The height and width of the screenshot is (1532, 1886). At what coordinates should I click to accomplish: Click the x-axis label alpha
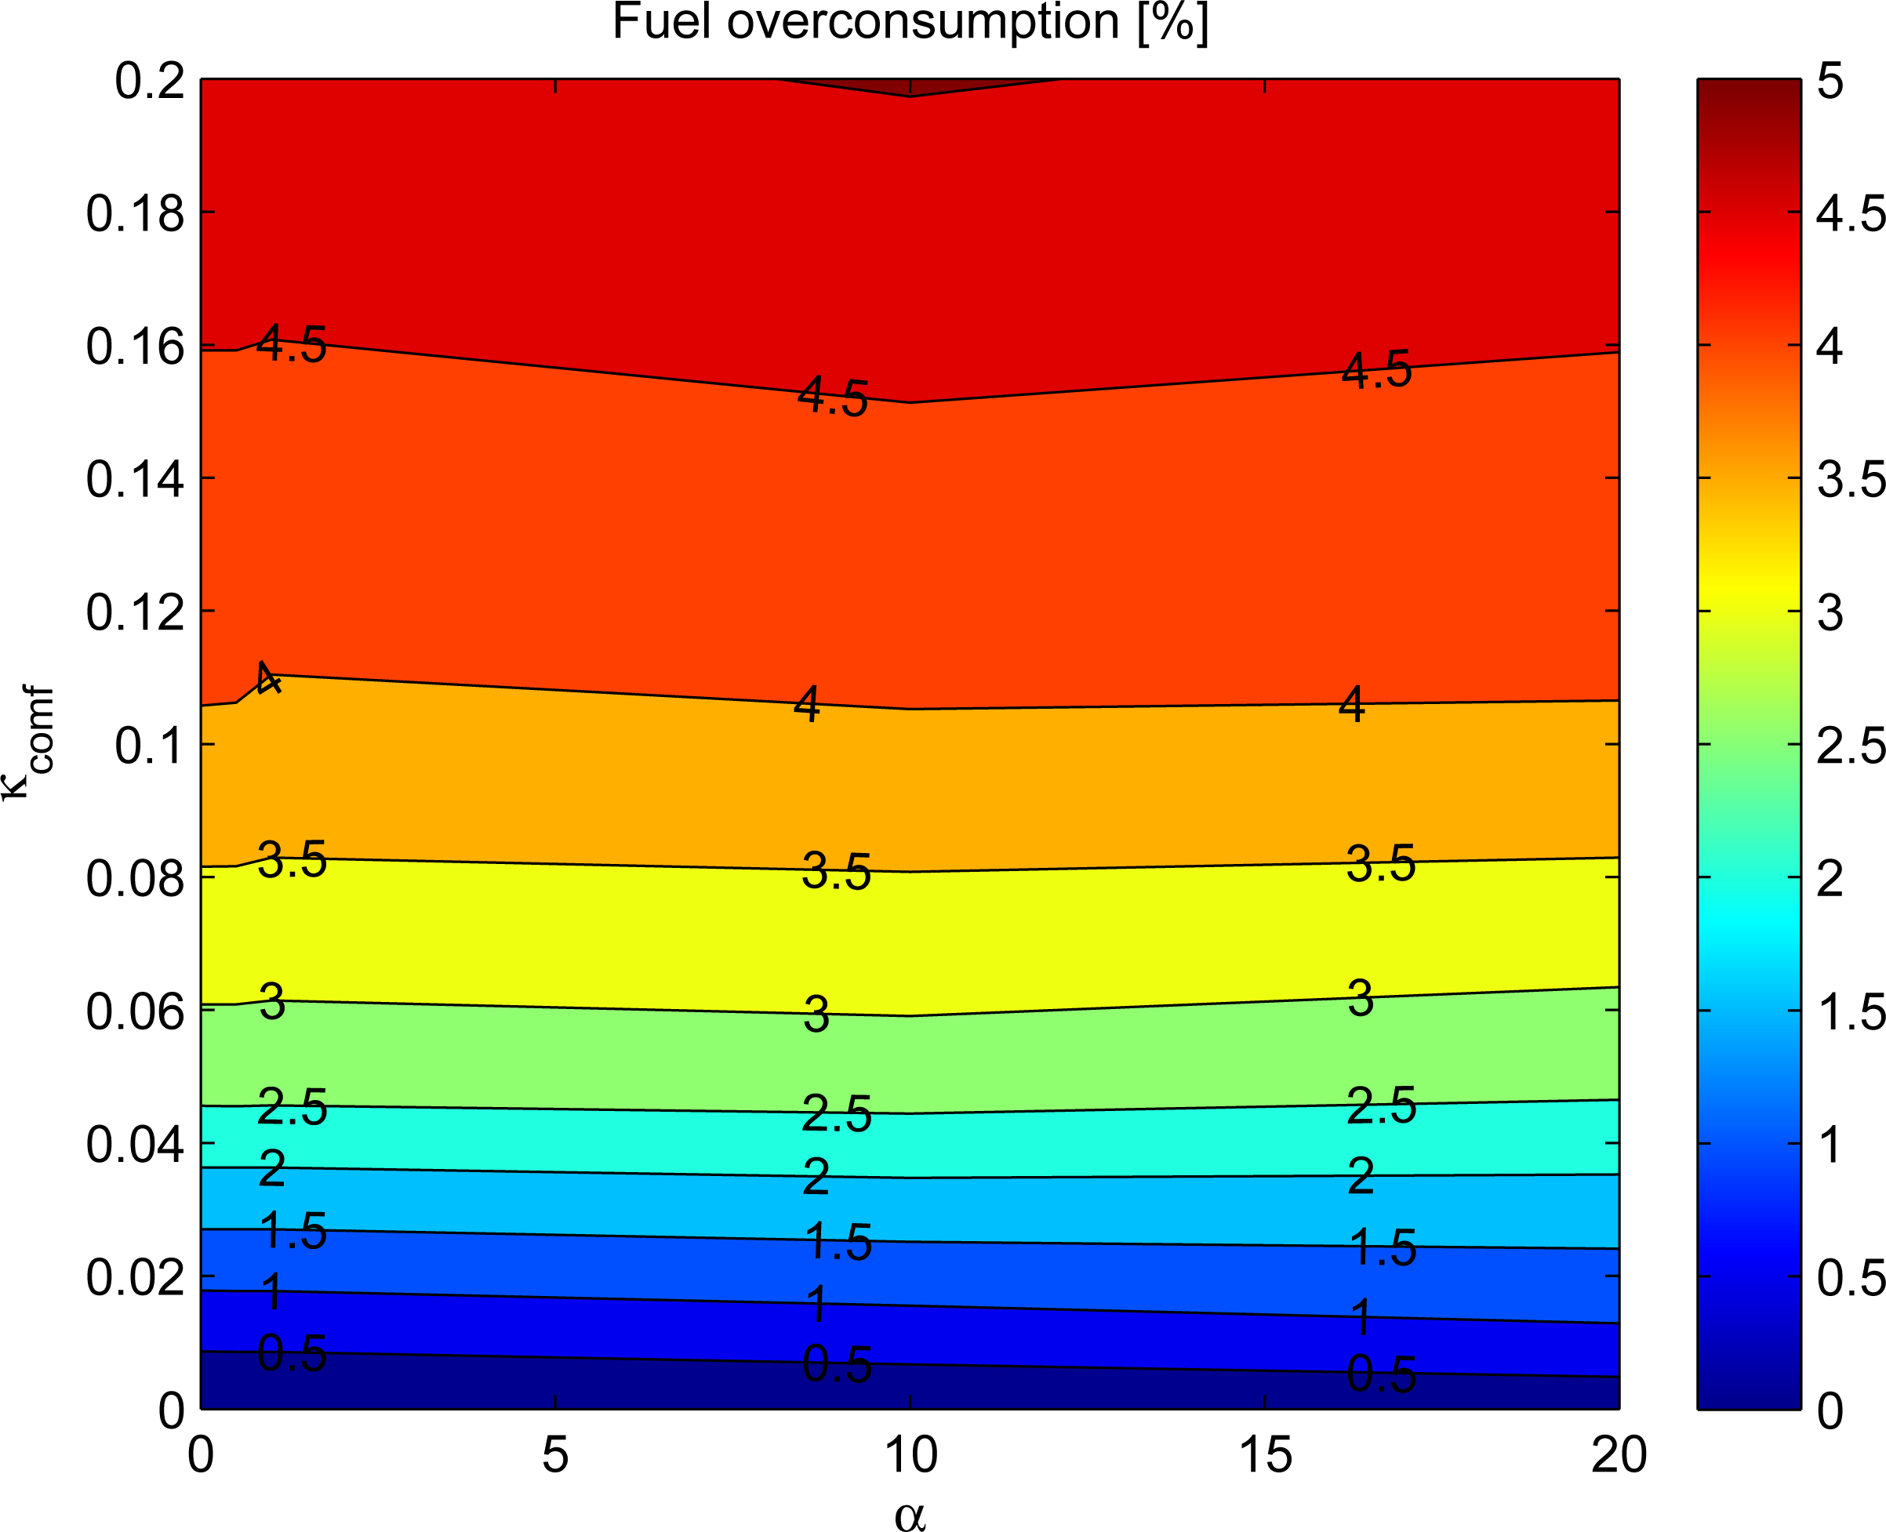tap(910, 1514)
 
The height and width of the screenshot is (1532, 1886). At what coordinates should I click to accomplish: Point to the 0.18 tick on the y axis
tap(135, 213)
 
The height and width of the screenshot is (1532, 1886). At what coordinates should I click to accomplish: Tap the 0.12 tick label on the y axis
tap(135, 612)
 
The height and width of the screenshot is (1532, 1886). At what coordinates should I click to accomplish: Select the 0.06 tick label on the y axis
tap(135, 1011)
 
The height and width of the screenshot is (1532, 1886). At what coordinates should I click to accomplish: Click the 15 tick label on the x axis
tap(1265, 1455)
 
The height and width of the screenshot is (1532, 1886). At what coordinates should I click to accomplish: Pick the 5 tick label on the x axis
tap(554, 1455)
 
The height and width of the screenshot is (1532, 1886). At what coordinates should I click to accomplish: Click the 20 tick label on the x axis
tap(1619, 1455)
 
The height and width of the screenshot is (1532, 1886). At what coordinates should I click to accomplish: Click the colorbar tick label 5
tap(1830, 82)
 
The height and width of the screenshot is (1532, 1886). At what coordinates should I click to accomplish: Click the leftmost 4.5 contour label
tap(291, 344)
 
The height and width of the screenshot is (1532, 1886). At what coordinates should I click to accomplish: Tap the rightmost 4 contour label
tap(1351, 705)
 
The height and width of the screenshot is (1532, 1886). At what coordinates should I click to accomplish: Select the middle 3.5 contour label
tap(836, 872)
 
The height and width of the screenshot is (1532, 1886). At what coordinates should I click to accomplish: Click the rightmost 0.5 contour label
tap(1381, 1375)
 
